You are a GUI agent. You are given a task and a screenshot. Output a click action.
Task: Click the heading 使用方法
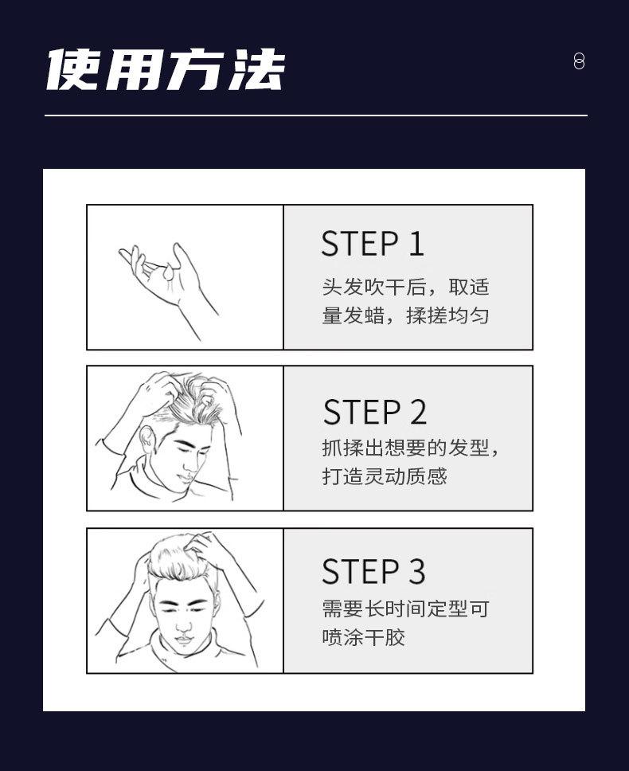point(166,69)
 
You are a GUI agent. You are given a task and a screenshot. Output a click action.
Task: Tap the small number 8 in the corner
point(579,61)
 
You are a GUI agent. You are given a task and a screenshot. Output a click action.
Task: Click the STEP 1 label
point(372,244)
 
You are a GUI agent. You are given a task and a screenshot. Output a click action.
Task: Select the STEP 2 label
point(374,412)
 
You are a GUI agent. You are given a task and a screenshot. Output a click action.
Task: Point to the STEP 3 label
point(373,571)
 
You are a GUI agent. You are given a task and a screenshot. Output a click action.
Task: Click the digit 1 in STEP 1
point(416,244)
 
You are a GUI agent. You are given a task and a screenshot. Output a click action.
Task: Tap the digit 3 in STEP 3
point(416,571)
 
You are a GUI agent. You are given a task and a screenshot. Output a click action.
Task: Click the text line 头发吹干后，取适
point(405,287)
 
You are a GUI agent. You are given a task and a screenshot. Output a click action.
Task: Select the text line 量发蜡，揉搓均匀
point(405,315)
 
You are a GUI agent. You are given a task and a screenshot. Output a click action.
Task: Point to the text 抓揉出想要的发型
point(405,448)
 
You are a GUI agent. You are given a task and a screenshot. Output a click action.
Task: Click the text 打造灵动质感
point(385,476)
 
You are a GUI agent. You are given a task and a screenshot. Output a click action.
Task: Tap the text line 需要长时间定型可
point(405,609)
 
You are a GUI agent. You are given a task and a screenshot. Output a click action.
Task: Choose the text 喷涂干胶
point(364,637)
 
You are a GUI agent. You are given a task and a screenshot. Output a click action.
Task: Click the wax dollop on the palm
point(169,272)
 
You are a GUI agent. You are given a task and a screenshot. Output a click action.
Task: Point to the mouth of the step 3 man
point(183,640)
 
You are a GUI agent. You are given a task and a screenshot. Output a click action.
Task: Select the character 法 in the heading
point(257,69)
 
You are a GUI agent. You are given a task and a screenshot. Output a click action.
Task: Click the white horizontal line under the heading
point(316,115)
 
